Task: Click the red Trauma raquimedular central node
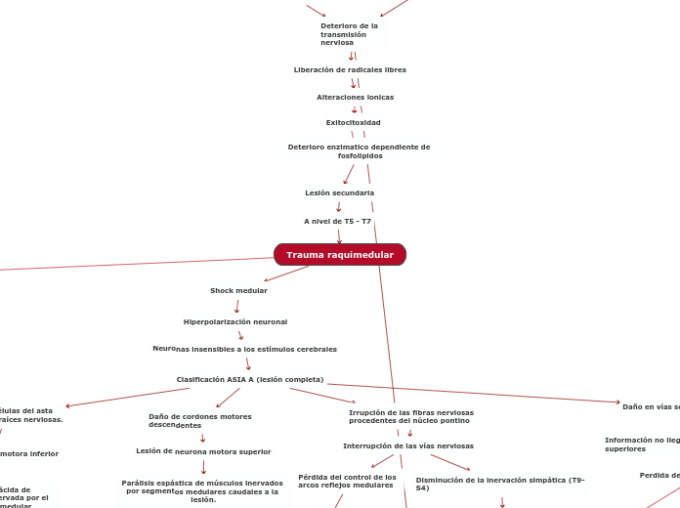(x=340, y=255)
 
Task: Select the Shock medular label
(x=238, y=290)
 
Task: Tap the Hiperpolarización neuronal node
(x=235, y=321)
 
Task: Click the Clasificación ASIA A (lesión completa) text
(x=250, y=379)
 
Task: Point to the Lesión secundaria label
(x=339, y=192)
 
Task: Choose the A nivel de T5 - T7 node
(x=337, y=221)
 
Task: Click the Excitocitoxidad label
(x=353, y=122)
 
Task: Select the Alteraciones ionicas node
(x=355, y=97)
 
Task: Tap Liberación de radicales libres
(x=350, y=69)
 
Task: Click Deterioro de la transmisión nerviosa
(x=349, y=34)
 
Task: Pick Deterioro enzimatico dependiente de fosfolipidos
(x=359, y=150)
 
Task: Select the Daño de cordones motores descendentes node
(x=199, y=420)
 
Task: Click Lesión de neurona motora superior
(x=203, y=451)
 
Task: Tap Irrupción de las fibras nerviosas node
(x=410, y=416)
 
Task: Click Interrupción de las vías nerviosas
(x=408, y=445)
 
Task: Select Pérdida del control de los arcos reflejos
(x=347, y=481)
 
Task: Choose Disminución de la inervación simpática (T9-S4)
(x=500, y=484)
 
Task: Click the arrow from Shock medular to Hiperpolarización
(x=236, y=306)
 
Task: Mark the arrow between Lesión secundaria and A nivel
(x=338, y=206)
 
